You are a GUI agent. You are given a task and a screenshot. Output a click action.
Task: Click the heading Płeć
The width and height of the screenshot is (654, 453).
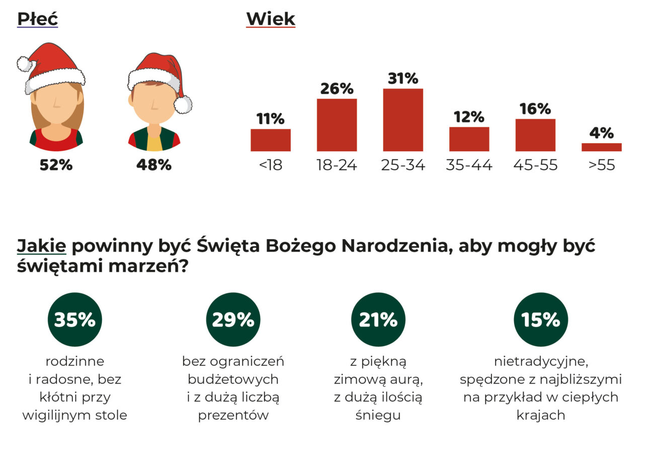tap(37, 19)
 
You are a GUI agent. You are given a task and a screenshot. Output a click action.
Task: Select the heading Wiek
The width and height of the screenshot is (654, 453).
tap(270, 19)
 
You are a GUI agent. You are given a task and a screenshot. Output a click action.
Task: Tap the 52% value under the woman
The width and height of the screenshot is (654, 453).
tap(56, 165)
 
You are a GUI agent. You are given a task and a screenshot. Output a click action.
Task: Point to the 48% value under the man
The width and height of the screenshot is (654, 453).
tap(153, 165)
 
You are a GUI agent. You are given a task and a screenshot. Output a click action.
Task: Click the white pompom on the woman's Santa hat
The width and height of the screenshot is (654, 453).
tap(24, 64)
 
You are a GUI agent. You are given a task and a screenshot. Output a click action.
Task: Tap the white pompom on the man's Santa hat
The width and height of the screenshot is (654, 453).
tap(183, 104)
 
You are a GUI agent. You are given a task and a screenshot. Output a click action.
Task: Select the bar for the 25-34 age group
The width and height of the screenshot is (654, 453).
tap(402, 120)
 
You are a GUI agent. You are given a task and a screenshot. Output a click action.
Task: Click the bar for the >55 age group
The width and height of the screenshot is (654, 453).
tap(601, 147)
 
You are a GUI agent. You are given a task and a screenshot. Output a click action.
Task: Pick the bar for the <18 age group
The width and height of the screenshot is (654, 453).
tap(271, 140)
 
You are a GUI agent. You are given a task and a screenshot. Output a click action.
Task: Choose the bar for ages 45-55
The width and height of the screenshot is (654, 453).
tap(535, 135)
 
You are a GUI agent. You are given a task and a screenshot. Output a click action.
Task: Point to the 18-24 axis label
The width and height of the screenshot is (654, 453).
tap(337, 165)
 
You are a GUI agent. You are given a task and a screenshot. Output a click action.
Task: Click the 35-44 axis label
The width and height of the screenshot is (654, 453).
tap(469, 165)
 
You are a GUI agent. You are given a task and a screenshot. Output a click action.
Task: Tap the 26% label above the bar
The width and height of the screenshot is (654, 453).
tap(337, 89)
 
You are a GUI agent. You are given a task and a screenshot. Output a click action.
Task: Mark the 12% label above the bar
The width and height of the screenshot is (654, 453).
tap(469, 118)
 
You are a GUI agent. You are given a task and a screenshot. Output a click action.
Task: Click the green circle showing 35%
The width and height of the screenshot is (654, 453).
tap(74, 319)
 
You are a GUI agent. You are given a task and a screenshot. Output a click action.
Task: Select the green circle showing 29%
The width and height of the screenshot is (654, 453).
tap(233, 319)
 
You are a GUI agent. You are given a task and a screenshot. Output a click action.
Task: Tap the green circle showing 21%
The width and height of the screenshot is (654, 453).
tap(378, 319)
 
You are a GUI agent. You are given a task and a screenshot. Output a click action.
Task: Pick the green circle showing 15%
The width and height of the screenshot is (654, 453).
tap(540, 319)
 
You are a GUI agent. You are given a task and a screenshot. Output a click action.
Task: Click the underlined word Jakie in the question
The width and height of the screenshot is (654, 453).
tap(42, 247)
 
